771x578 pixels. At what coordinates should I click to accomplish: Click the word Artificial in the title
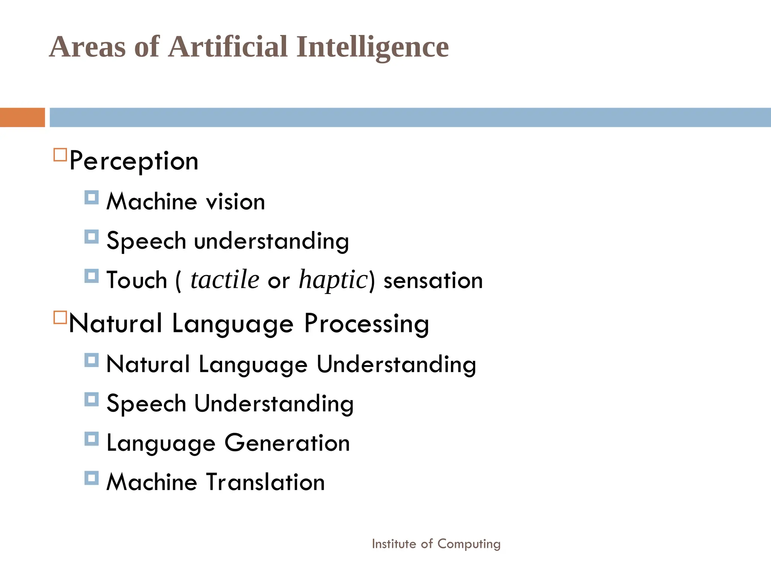(x=228, y=47)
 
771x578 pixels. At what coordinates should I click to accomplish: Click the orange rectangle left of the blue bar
(x=22, y=117)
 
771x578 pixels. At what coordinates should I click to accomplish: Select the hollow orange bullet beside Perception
(x=60, y=155)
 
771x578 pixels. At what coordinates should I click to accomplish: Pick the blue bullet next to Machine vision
(x=91, y=198)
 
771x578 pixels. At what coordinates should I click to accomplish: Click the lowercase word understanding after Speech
(x=271, y=241)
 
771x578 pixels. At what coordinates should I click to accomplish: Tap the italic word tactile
(x=225, y=280)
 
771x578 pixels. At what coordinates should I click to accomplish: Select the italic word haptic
(x=333, y=280)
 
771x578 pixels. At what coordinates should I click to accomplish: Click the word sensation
(x=433, y=281)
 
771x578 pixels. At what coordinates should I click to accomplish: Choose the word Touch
(x=137, y=280)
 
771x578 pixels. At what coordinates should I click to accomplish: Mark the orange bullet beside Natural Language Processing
(x=60, y=317)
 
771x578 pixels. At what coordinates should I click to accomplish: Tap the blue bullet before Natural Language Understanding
(x=91, y=360)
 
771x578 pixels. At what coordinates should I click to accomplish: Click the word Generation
(x=287, y=443)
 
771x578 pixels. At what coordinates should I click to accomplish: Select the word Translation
(x=266, y=482)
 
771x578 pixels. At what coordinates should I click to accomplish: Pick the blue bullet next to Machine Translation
(x=91, y=478)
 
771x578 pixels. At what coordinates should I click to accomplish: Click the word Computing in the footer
(x=469, y=544)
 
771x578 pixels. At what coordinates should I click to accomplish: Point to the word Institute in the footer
(x=394, y=544)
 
